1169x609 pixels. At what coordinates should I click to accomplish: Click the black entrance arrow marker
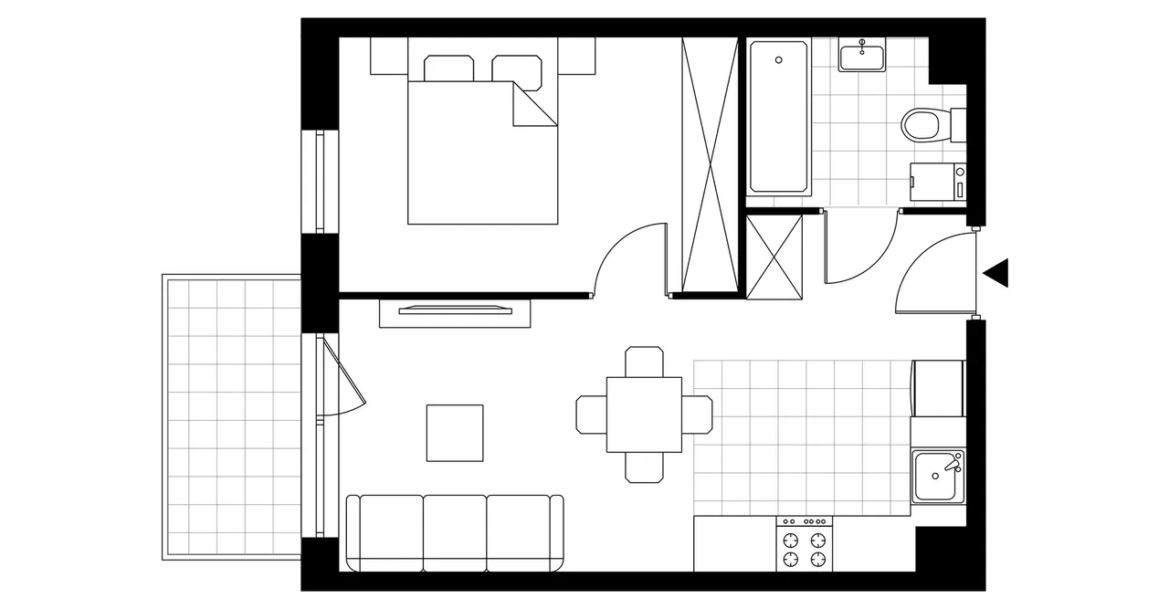pyautogui.click(x=997, y=273)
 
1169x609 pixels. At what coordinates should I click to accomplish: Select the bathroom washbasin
pyautogui.click(x=861, y=56)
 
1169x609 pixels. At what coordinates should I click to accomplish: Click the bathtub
pyautogui.click(x=779, y=116)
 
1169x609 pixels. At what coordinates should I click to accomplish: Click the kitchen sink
pyautogui.click(x=937, y=476)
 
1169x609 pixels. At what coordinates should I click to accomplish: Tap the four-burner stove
pyautogui.click(x=805, y=544)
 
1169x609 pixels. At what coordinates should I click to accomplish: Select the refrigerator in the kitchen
pyautogui.click(x=938, y=388)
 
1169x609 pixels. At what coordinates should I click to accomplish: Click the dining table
pyautogui.click(x=644, y=415)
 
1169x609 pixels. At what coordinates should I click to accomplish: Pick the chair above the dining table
pyautogui.click(x=644, y=362)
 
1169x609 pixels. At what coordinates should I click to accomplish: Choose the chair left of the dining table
pyautogui.click(x=591, y=415)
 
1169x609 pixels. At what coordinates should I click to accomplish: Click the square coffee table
pyautogui.click(x=455, y=433)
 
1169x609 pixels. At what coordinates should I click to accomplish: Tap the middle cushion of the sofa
pyautogui.click(x=455, y=531)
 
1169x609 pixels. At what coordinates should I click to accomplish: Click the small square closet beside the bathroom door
pyautogui.click(x=774, y=255)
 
